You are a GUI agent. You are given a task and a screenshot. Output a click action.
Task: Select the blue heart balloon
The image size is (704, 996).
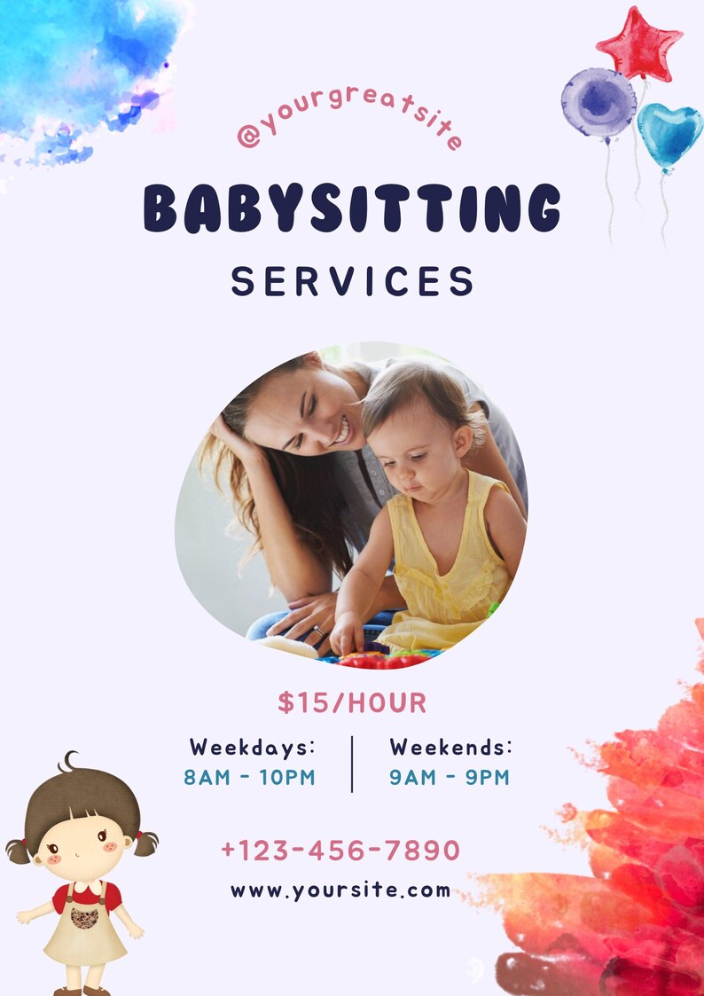pos(669,134)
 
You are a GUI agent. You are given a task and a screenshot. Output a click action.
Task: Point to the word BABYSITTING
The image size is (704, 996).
pos(352,208)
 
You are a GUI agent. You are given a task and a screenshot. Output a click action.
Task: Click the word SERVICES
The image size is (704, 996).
pos(352,281)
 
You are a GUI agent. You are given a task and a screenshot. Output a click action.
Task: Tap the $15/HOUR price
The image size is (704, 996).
pos(352,703)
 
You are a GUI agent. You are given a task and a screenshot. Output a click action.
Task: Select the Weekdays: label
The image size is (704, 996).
pos(253,747)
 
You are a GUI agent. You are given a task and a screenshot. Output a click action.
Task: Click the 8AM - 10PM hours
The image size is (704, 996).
pos(250,778)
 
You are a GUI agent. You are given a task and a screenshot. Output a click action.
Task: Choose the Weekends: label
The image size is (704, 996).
pos(451,747)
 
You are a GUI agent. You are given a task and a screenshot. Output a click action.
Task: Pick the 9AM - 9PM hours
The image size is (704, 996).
pos(450,778)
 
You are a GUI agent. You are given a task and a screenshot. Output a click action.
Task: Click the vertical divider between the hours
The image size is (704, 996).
pos(352,763)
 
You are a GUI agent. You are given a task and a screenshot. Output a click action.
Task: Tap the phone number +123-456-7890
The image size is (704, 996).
pos(340,851)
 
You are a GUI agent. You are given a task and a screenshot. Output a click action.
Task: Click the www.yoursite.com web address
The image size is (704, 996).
pos(340,890)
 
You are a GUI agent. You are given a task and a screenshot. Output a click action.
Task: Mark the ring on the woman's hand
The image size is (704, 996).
pos(317,631)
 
